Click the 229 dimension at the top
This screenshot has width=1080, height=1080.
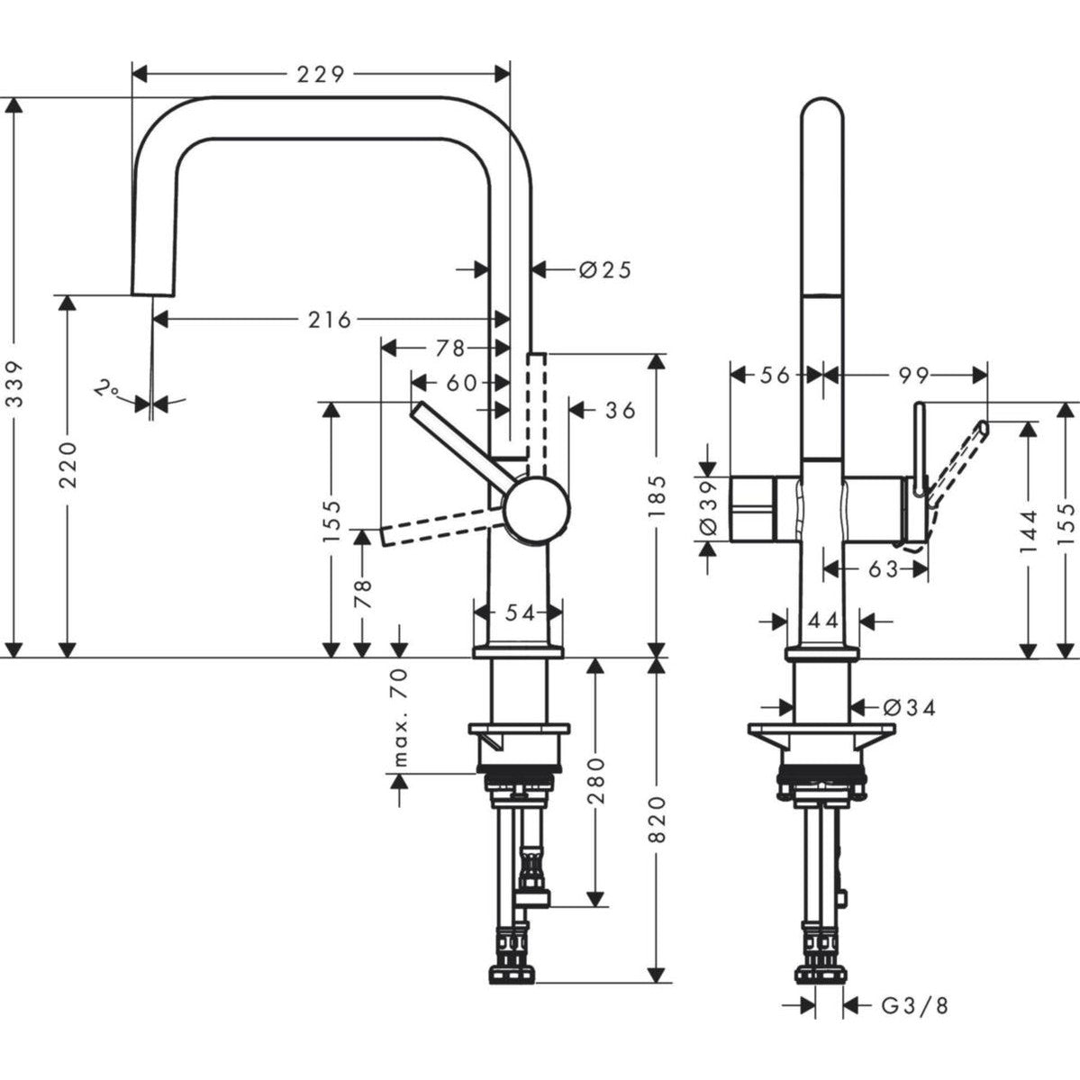[x=321, y=74]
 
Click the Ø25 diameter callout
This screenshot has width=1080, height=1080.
[x=604, y=268]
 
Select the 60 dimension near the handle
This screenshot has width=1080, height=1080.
[x=460, y=383]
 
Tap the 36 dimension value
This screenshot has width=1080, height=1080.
[x=619, y=411]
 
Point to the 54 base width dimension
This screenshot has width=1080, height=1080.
[x=519, y=613]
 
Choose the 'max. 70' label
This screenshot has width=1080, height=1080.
[x=401, y=717]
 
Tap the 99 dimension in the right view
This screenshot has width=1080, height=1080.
[x=912, y=375]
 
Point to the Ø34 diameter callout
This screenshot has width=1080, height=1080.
[x=909, y=708]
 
